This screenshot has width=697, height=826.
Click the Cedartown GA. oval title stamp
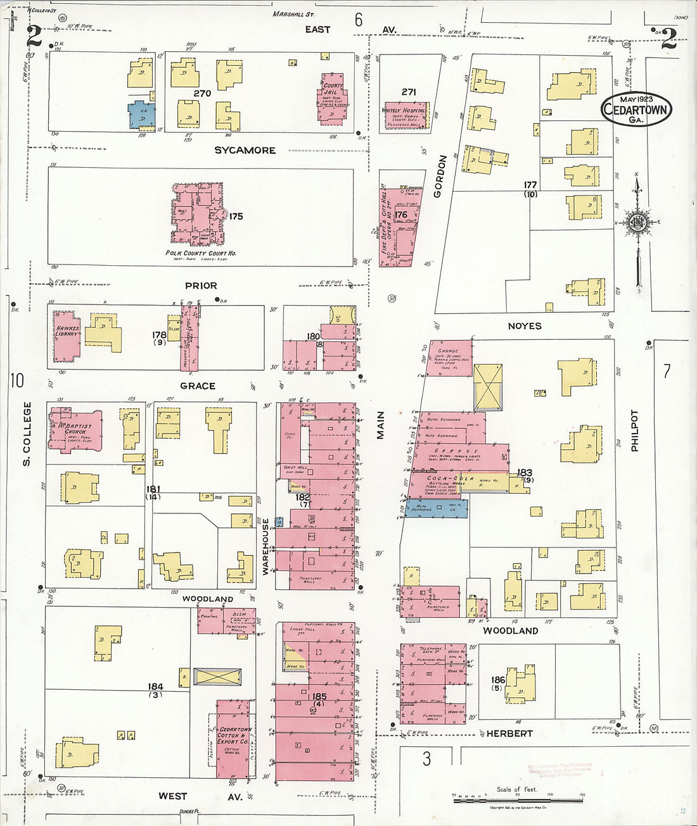coord(636,109)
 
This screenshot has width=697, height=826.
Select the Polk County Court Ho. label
coord(201,253)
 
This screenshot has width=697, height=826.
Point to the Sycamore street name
coord(245,151)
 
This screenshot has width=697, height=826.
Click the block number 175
coord(235,216)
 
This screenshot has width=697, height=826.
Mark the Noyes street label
coord(525,326)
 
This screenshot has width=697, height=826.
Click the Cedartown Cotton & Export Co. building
coord(234,738)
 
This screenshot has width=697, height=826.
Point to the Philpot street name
coord(635,430)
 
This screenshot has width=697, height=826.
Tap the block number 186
coord(499,680)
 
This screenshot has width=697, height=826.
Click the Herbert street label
coord(509,734)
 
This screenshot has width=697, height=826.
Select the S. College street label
coord(27,434)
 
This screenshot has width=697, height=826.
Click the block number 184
coord(155,687)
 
